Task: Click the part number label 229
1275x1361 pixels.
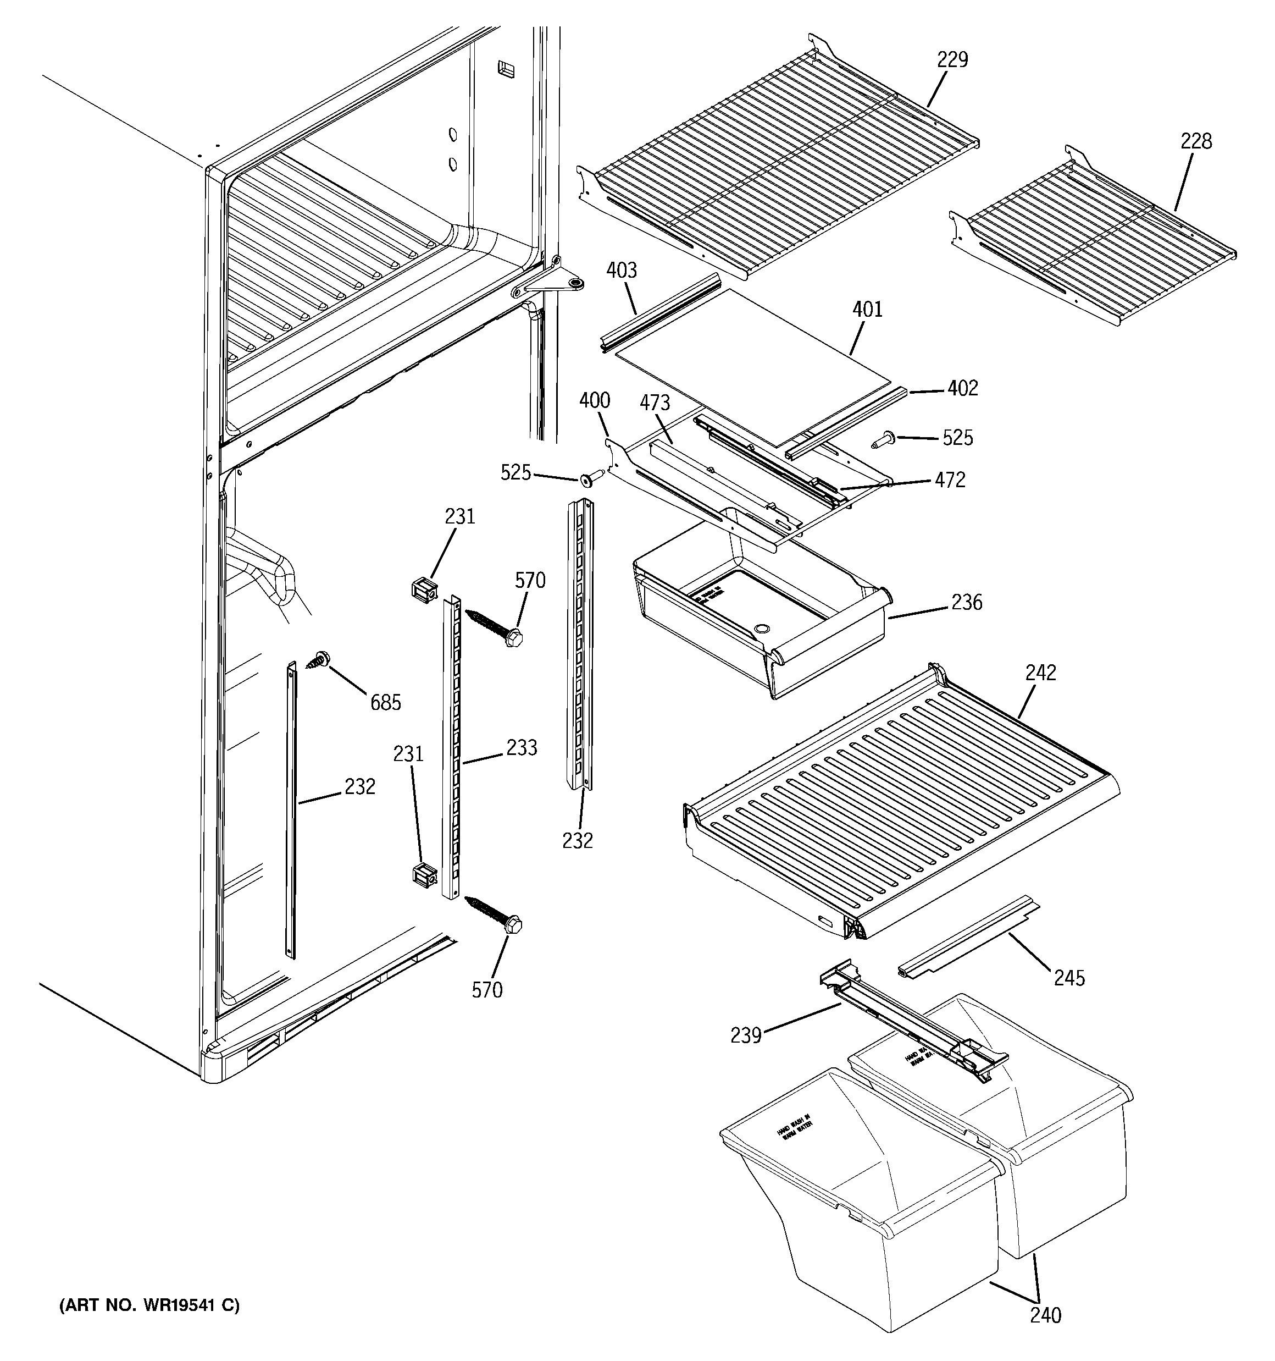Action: [952, 60]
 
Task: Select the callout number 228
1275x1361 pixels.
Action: [1196, 142]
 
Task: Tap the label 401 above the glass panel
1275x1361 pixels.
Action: [867, 310]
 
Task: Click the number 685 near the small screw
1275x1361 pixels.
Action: [385, 702]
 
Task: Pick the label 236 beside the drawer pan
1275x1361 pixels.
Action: [966, 603]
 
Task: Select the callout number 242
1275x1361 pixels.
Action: [1040, 673]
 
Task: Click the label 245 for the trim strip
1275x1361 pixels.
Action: [1069, 978]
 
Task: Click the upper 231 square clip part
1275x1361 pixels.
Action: [424, 590]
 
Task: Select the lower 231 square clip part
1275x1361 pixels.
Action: [424, 877]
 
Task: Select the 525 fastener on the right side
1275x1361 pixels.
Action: [883, 439]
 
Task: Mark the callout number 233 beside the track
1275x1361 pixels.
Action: [521, 748]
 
